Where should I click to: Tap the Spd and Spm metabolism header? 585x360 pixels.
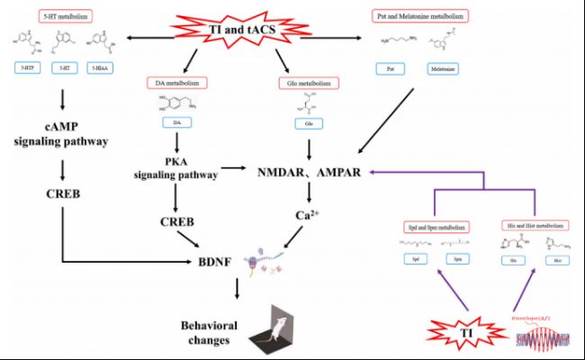[x=429, y=223]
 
